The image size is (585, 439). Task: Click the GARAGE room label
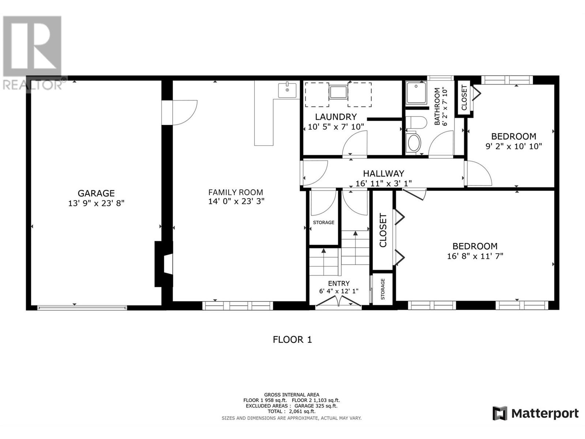click(96, 193)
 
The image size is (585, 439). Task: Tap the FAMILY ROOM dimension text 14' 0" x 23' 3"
click(236, 201)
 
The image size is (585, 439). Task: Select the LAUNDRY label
click(336, 117)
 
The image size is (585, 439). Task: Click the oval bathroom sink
click(414, 143)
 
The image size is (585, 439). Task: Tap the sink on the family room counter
click(287, 90)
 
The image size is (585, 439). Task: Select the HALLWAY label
click(384, 173)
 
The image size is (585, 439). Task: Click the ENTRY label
click(339, 283)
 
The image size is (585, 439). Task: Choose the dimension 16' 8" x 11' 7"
click(475, 256)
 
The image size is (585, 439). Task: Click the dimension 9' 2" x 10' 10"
click(514, 146)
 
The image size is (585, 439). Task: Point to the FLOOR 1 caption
click(292, 339)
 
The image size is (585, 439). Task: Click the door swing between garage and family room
click(185, 112)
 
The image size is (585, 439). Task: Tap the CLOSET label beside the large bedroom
click(383, 230)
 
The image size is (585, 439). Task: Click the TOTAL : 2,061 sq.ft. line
click(291, 411)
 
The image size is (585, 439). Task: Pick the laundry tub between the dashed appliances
click(338, 93)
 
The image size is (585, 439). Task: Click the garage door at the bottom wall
click(82, 308)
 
